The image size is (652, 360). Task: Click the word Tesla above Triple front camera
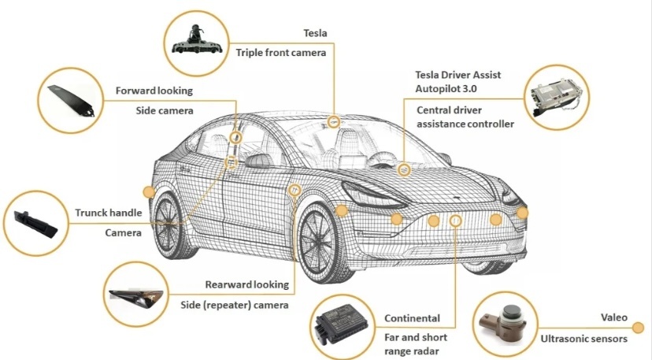point(315,33)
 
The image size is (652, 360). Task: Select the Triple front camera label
point(281,53)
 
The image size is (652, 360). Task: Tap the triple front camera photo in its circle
point(195,38)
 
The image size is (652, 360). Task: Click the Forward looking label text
point(154,91)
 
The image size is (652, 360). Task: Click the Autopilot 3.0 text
point(446,89)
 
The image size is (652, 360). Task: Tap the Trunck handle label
point(108,213)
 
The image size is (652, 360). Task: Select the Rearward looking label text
point(246,284)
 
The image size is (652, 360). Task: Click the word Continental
point(412,318)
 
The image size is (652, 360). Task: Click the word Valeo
point(615,318)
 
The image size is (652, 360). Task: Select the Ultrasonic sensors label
point(583,339)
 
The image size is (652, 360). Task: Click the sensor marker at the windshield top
point(334,121)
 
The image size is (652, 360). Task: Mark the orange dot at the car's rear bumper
point(147,191)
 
